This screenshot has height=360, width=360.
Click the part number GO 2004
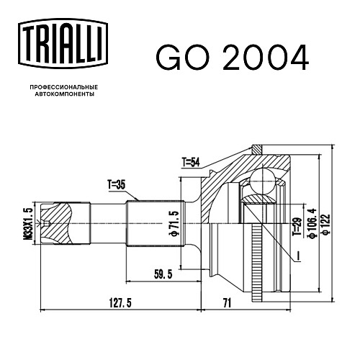click(x=233, y=58)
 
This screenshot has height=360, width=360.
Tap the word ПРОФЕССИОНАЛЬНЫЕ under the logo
click(x=64, y=87)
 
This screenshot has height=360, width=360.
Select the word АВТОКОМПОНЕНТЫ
click(x=65, y=94)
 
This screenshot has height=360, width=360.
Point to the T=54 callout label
click(x=191, y=163)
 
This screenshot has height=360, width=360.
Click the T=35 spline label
click(x=117, y=185)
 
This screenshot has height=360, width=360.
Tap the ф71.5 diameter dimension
click(x=174, y=223)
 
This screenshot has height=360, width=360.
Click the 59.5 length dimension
click(x=163, y=274)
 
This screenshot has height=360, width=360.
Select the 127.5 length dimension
click(x=120, y=303)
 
